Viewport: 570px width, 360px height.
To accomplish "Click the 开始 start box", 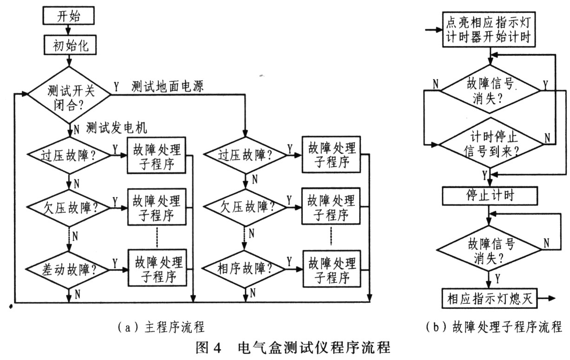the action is point(68,16).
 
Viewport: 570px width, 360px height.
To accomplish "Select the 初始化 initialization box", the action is point(70,45).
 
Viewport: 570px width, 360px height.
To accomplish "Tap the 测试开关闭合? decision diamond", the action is point(69,95).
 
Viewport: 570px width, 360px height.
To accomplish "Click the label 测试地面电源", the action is point(168,86).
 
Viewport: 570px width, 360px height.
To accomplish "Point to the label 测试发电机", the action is point(117,127).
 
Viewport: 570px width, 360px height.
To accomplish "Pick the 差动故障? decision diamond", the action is point(68,270).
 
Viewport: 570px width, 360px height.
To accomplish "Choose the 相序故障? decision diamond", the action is point(244,269).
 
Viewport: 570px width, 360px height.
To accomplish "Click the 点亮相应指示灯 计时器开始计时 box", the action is point(489,30).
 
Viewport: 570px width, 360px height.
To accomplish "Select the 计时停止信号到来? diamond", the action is point(491,143).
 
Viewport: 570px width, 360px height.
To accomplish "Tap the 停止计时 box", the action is point(490,196).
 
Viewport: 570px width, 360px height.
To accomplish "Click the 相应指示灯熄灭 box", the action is point(489,298).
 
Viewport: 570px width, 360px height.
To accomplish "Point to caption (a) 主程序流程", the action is point(161,327).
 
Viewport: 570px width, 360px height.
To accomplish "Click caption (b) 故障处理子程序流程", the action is point(494,327).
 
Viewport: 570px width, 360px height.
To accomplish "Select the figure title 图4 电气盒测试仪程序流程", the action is point(293,347).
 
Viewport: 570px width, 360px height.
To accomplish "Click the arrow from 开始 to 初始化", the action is point(68,30).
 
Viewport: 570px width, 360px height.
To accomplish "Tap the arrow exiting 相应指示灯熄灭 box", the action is point(546,298).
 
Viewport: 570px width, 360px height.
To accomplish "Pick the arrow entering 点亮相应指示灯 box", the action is point(434,30).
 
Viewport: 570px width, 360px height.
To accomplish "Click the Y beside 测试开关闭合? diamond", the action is point(116,87).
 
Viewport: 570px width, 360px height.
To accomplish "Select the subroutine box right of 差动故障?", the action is point(157,268).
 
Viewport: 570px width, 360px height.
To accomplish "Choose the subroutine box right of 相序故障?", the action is point(332,268).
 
